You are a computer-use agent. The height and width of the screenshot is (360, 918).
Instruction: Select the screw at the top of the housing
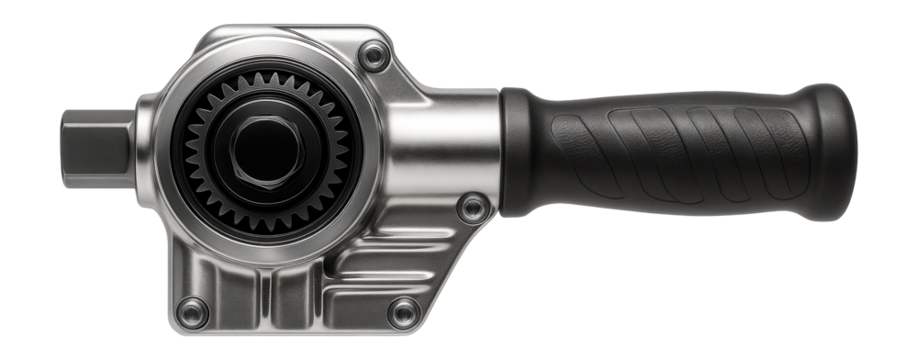pos(374,59)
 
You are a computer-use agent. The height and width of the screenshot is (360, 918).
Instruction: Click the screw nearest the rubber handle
pos(472,207)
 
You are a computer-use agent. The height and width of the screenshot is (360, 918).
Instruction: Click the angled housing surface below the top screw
pos(400,95)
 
